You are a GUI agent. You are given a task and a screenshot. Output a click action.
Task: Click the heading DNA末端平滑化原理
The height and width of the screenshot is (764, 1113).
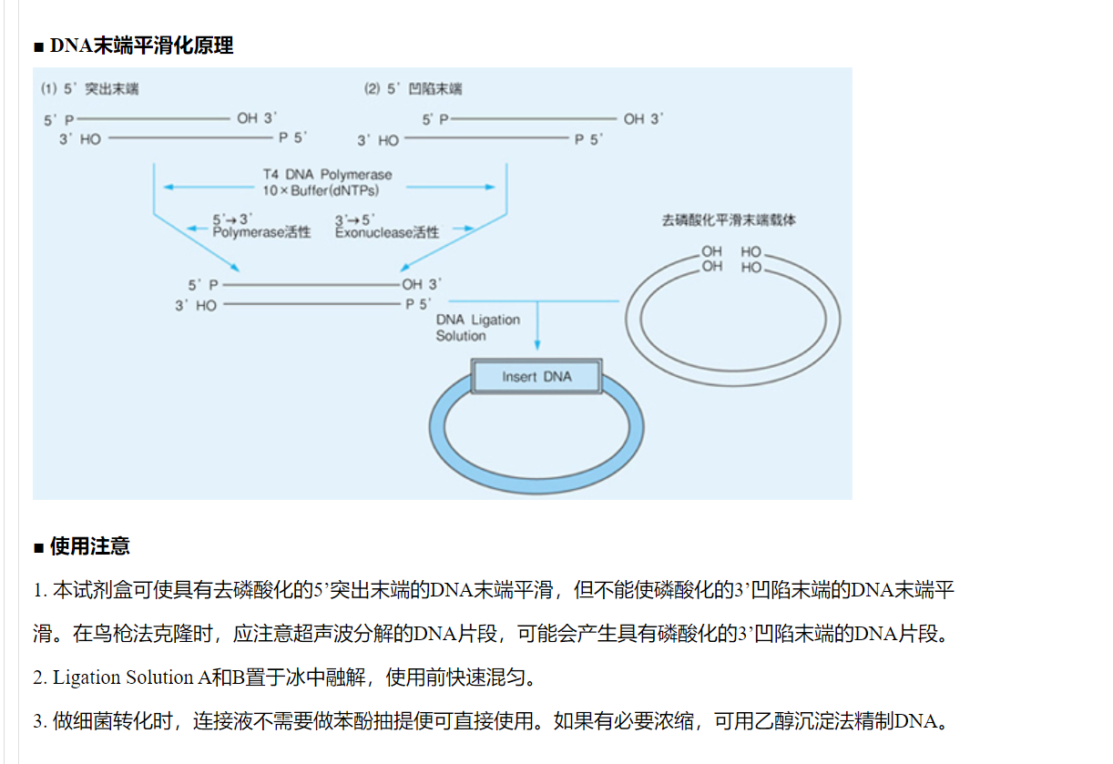(x=141, y=46)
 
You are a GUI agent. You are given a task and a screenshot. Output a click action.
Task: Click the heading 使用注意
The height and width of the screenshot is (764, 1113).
(x=89, y=546)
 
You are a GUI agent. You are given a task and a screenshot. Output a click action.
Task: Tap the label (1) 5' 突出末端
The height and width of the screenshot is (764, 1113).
(x=90, y=89)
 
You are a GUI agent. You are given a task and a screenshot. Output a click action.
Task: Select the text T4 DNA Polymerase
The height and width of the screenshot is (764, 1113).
(x=328, y=174)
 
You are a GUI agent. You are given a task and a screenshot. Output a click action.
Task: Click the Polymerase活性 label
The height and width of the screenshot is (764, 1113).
(x=261, y=233)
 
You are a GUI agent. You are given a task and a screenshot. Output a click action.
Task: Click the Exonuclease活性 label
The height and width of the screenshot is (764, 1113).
(x=387, y=233)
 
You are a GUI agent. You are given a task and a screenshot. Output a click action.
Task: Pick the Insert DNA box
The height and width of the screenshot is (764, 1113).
(x=536, y=376)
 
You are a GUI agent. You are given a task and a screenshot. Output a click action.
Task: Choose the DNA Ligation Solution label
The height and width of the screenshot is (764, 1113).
(x=478, y=328)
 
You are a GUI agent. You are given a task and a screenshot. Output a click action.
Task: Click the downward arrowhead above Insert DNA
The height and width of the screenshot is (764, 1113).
(x=537, y=344)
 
